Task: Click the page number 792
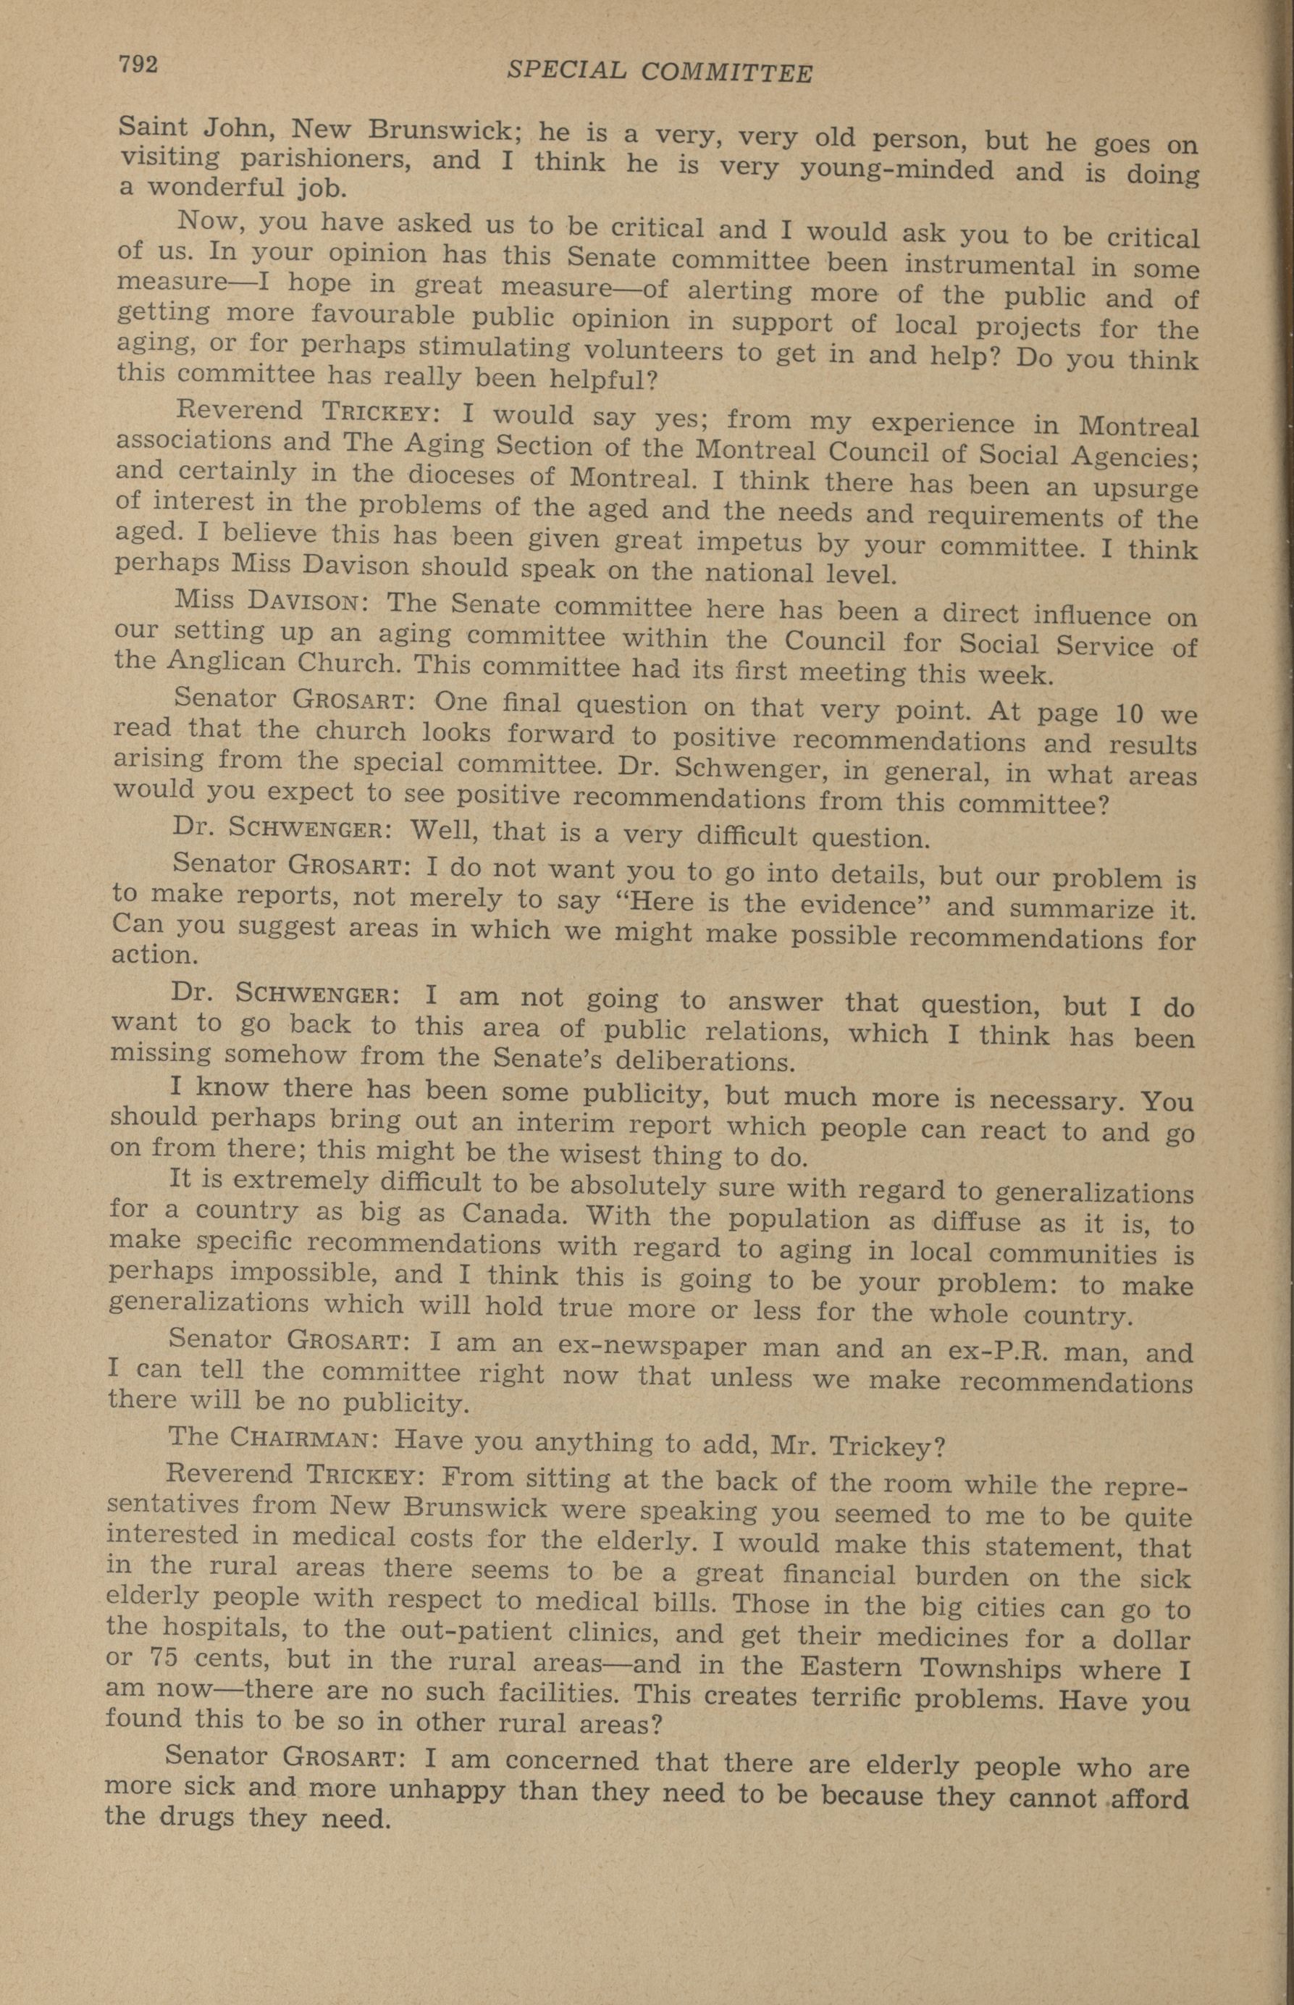pyautogui.click(x=138, y=64)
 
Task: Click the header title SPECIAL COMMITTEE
pyautogui.click(x=660, y=73)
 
